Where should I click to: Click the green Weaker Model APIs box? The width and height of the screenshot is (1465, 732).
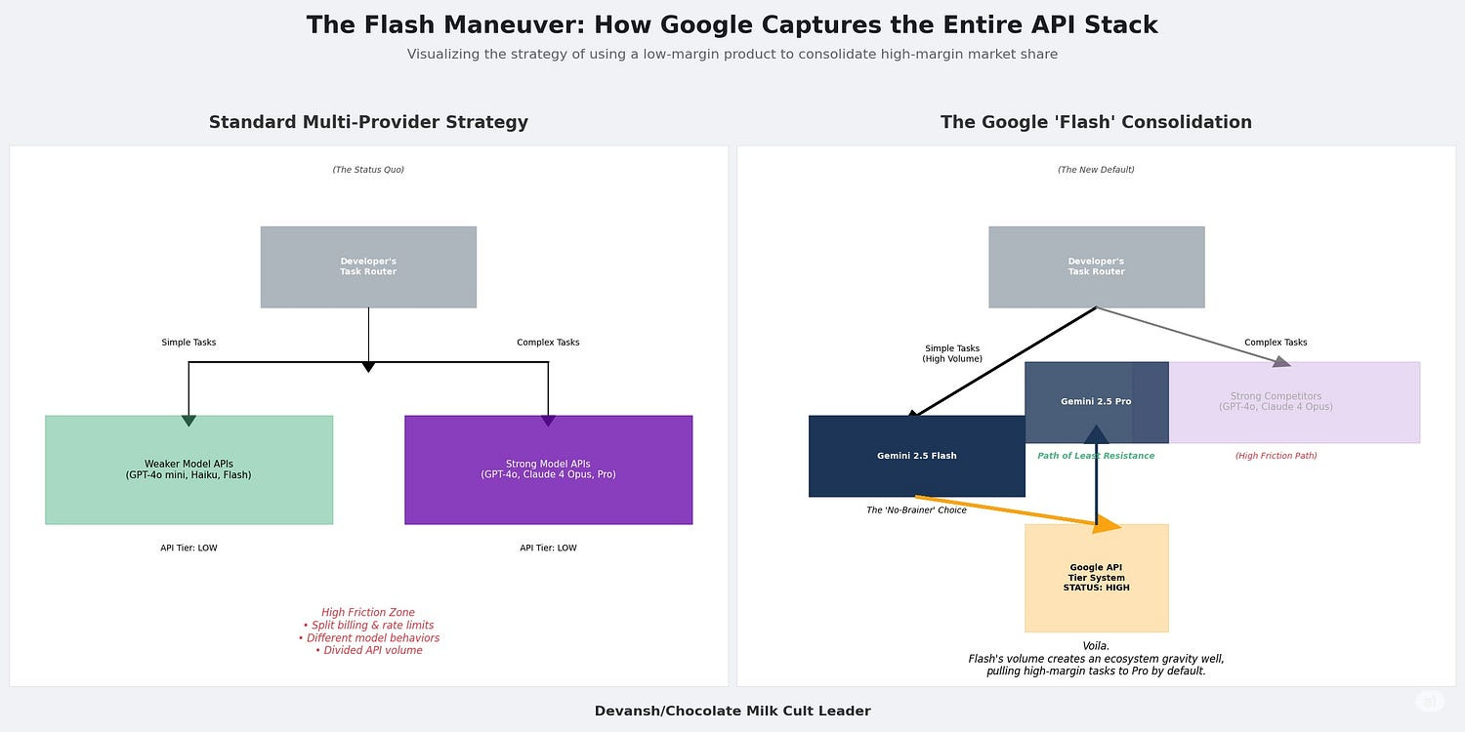tap(188, 469)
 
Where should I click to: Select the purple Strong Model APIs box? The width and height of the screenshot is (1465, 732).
tap(548, 469)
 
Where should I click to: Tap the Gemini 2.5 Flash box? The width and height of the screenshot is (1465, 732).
tap(916, 456)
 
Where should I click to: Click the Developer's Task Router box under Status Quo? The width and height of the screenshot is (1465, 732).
tap(368, 266)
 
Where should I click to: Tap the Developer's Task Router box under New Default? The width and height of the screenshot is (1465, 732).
tap(1096, 266)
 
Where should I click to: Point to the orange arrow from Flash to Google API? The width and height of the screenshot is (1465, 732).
tap(1016, 512)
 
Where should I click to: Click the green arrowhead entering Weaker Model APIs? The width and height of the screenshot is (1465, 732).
tap(188, 421)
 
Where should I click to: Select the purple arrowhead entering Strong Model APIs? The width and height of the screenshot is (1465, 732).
tap(548, 421)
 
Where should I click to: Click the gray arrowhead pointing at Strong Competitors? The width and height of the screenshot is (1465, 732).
tap(1281, 362)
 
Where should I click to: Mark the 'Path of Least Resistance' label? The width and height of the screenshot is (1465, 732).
tap(1096, 456)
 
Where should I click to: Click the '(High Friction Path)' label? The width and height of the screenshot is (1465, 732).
tap(1276, 456)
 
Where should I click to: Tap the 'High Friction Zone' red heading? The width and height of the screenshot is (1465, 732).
tap(368, 613)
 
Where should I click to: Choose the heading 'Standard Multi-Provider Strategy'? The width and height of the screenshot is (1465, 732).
tap(368, 122)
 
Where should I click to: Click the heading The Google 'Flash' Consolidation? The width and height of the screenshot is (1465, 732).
tap(1096, 122)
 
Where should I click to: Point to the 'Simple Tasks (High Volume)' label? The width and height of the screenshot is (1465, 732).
tap(952, 353)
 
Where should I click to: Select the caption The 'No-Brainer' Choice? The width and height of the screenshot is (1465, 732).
tap(916, 510)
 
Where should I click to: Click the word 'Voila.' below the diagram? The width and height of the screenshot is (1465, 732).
tap(1096, 646)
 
